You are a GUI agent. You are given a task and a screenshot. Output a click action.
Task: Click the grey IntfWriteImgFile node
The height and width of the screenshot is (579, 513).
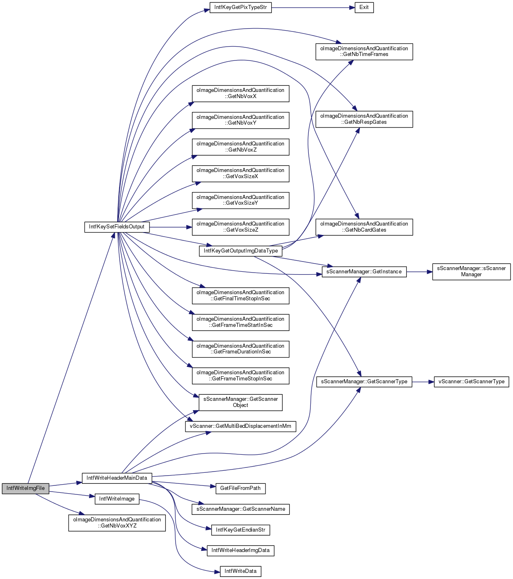point(25,488)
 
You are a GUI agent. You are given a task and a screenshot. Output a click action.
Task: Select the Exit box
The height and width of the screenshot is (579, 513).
point(364,7)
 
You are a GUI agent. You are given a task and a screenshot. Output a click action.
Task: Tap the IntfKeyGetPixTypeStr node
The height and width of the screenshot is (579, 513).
point(241,7)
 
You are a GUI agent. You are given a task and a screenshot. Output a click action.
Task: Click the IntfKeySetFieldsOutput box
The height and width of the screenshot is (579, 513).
point(117,227)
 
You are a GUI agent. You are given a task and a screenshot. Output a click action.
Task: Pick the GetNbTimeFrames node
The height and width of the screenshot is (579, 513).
point(364,51)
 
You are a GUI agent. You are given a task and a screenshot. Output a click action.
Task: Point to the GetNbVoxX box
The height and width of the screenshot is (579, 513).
point(241,94)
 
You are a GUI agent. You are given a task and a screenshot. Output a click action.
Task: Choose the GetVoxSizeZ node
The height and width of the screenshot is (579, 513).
point(241,227)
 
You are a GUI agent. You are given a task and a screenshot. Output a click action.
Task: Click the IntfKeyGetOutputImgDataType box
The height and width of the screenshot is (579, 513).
point(241,251)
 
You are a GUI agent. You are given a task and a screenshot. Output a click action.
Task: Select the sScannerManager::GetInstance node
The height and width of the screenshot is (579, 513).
point(364,272)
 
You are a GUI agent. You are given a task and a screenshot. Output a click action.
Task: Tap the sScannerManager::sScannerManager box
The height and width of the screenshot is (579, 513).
point(471,272)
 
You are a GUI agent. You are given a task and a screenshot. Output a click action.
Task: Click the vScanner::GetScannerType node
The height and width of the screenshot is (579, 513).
point(471,382)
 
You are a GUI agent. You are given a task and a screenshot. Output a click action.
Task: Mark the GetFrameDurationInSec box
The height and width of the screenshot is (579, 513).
point(241,349)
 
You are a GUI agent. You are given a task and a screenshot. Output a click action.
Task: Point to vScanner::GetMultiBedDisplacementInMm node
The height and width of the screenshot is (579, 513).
point(241,426)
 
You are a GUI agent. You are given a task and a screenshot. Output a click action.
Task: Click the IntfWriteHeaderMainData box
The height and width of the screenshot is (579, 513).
point(117,478)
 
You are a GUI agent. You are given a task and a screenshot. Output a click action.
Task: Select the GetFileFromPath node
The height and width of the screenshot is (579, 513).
point(240,488)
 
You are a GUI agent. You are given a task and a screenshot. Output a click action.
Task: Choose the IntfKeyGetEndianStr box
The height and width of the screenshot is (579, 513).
point(241,530)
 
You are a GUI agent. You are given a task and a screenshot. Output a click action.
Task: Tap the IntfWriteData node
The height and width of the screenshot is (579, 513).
point(241,571)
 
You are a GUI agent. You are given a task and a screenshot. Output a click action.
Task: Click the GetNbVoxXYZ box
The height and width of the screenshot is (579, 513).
point(117,523)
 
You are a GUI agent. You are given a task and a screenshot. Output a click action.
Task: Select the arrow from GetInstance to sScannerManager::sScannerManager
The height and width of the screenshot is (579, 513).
point(419,272)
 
